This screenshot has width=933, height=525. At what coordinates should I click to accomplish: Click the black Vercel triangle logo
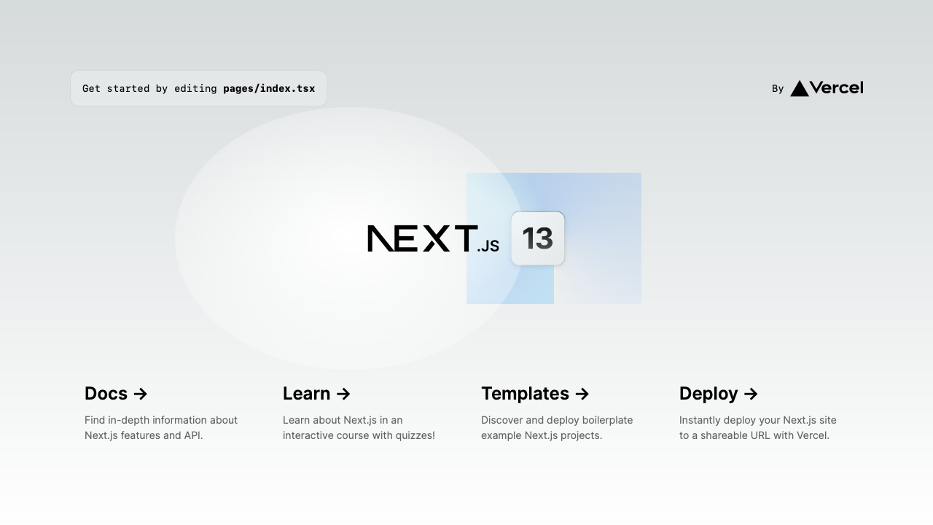coord(800,89)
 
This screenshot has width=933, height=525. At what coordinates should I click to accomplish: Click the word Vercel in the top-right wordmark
coord(836,87)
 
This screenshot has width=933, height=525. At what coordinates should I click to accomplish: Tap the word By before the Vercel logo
coord(778,89)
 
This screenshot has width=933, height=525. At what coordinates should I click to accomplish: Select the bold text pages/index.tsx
coord(269,89)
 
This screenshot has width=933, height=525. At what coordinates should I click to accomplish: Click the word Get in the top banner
coord(91,89)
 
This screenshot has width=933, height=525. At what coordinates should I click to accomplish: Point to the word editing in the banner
coord(195,89)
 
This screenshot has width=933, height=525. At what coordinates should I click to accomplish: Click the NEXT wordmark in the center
coord(422,238)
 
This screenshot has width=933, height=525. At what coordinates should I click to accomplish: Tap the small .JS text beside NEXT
coord(488,246)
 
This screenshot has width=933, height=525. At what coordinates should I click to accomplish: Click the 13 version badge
coord(538,238)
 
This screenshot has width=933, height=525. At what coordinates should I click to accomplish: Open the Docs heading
coord(106,393)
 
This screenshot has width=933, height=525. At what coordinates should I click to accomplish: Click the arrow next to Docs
coord(141,394)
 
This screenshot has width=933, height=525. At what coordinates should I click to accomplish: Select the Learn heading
coord(306,393)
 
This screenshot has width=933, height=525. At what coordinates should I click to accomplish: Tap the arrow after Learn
coord(343,394)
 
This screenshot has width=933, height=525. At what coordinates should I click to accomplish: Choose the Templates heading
coord(525,393)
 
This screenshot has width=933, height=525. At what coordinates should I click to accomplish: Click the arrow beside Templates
coord(582,394)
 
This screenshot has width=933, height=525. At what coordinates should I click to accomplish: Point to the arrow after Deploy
coord(751,394)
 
